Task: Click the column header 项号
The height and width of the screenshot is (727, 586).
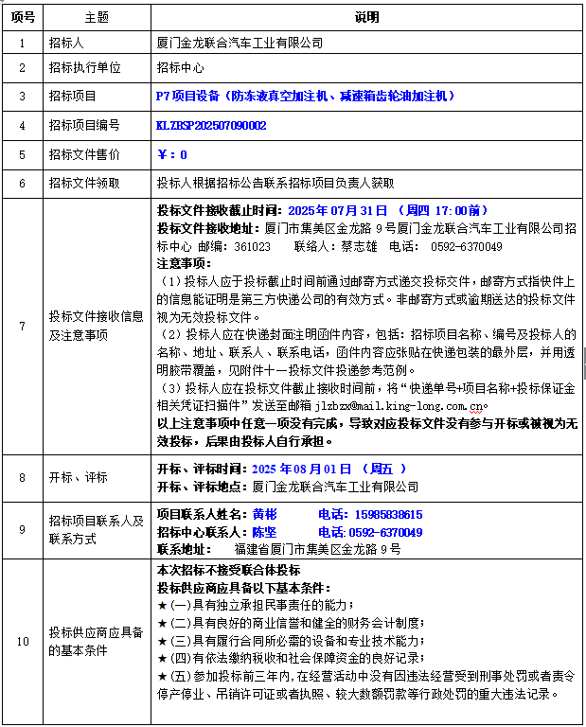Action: [x=23, y=17]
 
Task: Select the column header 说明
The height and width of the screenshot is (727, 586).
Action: [x=365, y=17]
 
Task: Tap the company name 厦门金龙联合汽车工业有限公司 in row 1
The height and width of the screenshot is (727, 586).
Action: [x=240, y=43]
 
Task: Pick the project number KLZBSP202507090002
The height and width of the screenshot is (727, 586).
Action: [x=211, y=125]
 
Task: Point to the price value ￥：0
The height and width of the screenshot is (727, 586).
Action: [x=171, y=153]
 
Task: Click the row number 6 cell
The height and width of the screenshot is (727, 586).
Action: [x=23, y=182]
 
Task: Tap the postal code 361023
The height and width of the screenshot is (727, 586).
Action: [x=251, y=246]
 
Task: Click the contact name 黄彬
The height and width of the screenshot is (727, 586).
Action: [x=264, y=514]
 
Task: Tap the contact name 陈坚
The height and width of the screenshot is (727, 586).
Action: [x=264, y=532]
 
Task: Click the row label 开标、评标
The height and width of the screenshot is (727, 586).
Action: [x=78, y=478]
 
